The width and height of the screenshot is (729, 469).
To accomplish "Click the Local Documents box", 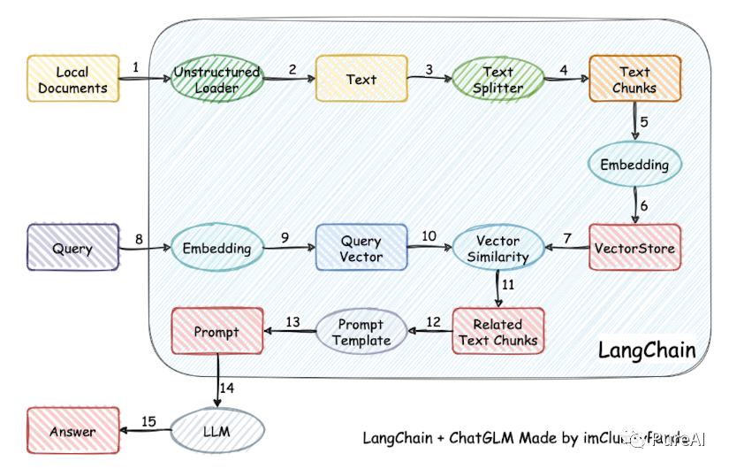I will coord(72,79).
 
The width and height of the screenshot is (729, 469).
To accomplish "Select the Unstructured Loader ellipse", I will coord(216,80).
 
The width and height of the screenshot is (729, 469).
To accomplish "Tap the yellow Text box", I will coord(361,79).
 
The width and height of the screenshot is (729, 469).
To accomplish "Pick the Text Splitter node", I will coord(497,80).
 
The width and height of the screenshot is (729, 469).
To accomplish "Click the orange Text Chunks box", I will coord(634,79).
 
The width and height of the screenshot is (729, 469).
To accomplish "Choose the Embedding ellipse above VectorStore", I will coord(634,165).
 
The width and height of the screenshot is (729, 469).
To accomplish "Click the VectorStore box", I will coord(634,248).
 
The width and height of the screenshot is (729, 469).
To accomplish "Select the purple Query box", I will coord(72,248).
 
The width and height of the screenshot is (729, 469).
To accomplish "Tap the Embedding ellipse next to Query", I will coord(216,249).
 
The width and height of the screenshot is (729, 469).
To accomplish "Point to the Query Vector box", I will coord(361,248).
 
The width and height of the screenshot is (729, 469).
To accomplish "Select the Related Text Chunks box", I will coord(497,332).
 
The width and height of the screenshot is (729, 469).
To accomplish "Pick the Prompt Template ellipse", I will coord(361,333).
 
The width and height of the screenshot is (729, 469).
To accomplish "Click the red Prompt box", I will coord(217,332).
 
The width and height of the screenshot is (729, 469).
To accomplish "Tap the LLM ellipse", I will coord(216,431).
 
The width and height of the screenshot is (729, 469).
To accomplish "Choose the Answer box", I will coord(72,431).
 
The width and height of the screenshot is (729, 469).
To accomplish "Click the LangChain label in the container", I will coord(647,350).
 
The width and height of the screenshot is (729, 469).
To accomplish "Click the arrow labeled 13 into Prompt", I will coord(290,333).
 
